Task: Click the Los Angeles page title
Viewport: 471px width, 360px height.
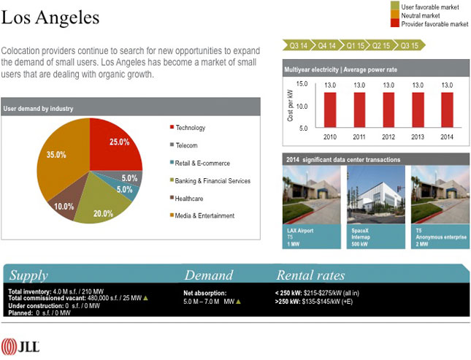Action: coord(50,16)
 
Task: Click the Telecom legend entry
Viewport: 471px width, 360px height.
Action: coord(186,145)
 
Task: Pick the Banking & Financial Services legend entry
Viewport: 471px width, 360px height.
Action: coord(212,180)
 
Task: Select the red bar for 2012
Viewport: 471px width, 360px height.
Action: coord(388,109)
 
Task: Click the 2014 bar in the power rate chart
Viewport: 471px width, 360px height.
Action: coord(447,109)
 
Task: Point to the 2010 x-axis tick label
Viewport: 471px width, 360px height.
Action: coord(330,136)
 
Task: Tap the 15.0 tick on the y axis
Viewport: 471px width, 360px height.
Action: coord(302,85)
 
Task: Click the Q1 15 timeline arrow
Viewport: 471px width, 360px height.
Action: coord(356,45)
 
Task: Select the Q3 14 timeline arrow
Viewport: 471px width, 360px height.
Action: coord(299,45)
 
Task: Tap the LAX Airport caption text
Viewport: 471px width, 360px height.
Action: coord(300,231)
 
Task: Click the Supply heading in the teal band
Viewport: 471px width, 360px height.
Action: coord(28,275)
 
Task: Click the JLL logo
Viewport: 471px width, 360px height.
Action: coord(20,345)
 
